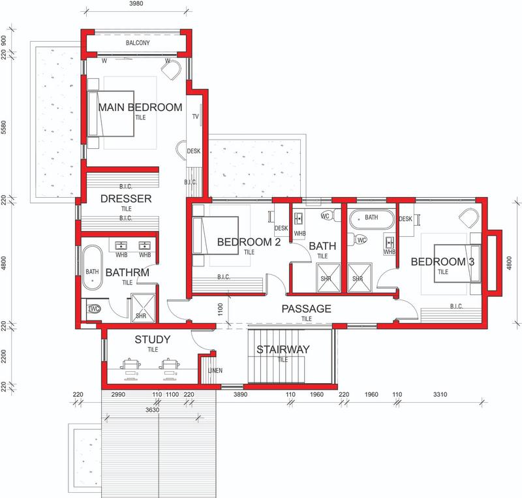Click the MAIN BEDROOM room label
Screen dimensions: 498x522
coord(140,108)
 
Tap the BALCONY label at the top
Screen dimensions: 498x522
coord(138,44)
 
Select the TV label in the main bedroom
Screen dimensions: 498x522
coord(195,117)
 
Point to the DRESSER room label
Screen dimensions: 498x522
coord(126,198)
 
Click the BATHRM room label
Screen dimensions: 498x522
coord(128,272)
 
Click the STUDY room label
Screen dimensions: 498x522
coord(152,339)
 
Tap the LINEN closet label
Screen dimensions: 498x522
coord(215,371)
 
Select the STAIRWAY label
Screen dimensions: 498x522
coord(283,349)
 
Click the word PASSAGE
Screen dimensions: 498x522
coord(307,309)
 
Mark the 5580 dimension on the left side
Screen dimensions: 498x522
coord(5,126)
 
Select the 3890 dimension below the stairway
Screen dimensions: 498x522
coord(241,396)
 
